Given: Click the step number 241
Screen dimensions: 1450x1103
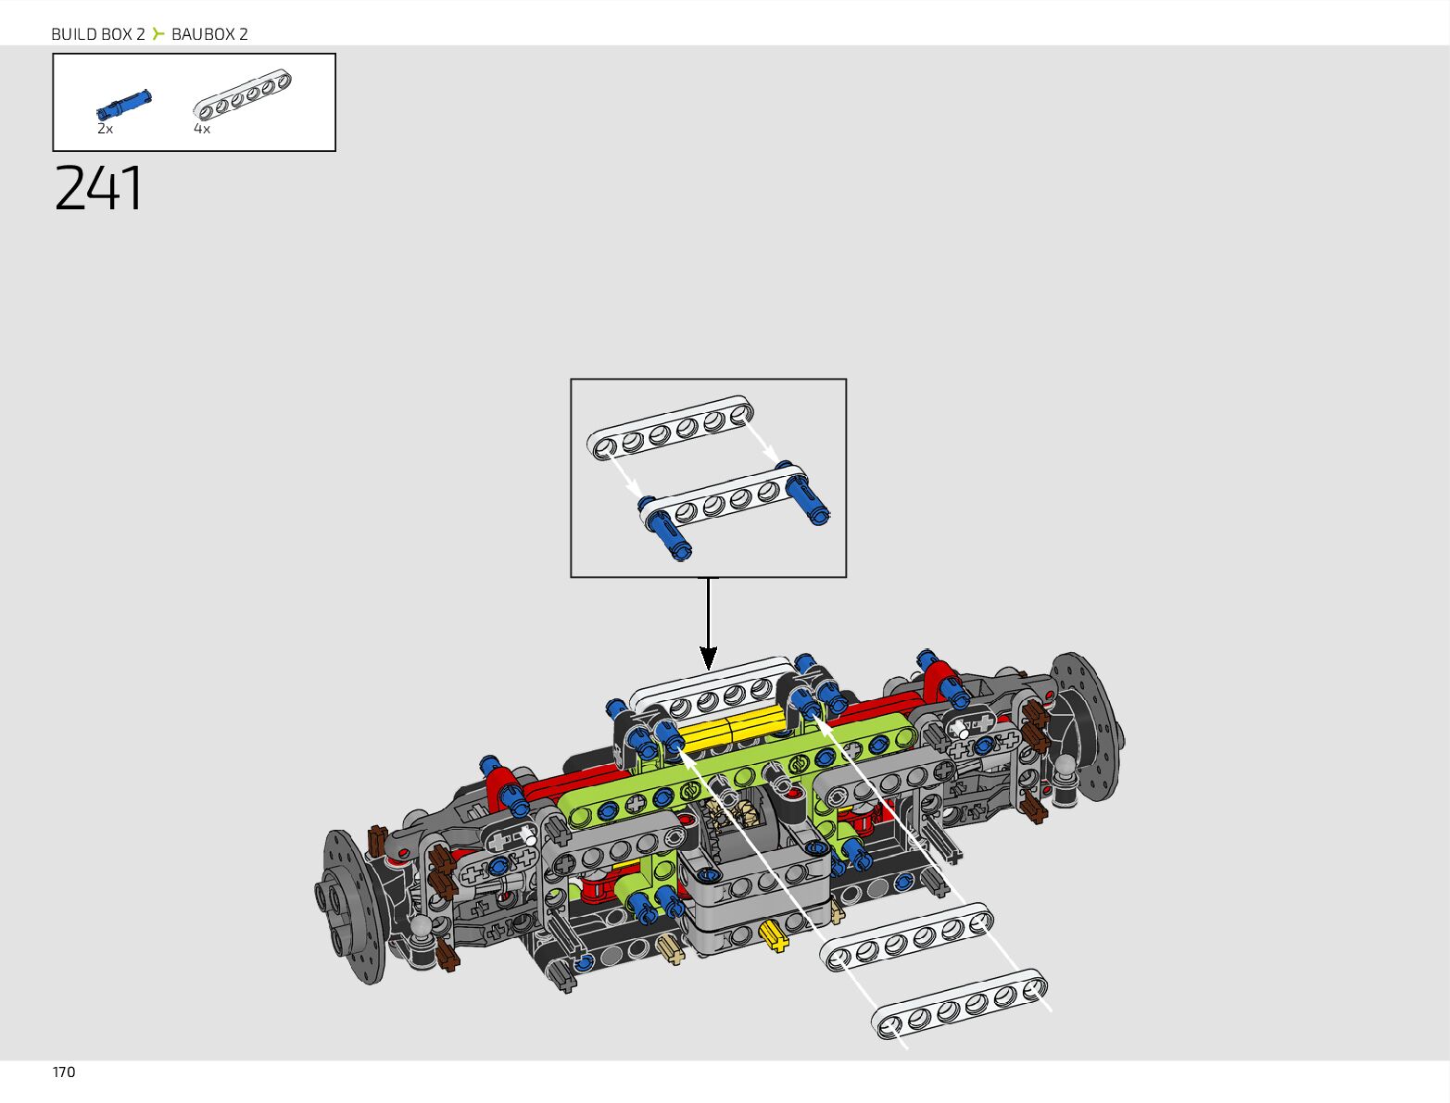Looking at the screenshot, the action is tap(98, 188).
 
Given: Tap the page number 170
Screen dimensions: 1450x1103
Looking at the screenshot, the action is tap(63, 1072).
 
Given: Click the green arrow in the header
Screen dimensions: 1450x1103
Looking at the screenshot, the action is tap(158, 33).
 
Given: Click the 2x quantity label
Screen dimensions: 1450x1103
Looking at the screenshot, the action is tap(105, 129).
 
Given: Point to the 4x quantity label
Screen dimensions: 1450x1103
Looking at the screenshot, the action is tap(201, 129).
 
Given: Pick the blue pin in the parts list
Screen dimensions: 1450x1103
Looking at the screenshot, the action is tap(123, 105).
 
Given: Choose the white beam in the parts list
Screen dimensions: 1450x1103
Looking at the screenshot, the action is tap(242, 95).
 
